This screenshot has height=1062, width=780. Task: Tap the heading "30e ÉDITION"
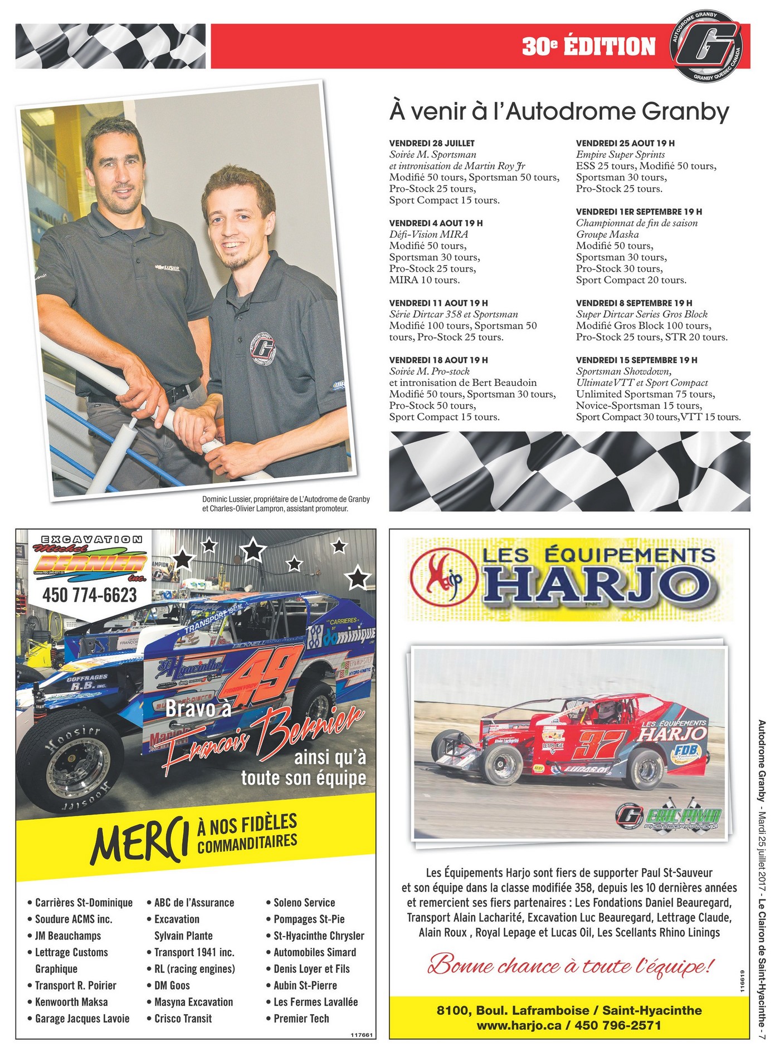(x=588, y=47)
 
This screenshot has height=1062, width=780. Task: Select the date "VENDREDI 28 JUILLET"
(x=432, y=143)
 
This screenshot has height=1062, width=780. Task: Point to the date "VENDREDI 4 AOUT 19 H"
(x=436, y=223)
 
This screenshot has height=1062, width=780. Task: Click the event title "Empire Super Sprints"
(x=620, y=154)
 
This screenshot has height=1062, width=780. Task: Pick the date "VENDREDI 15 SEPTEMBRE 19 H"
(x=636, y=360)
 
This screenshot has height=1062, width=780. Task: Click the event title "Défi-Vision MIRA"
(x=428, y=234)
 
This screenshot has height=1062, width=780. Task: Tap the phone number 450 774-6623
(x=90, y=595)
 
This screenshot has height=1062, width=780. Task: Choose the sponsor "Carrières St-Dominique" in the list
(x=84, y=903)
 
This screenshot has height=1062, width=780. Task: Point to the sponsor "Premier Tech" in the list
(x=301, y=1019)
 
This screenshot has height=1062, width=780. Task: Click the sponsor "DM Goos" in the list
(x=172, y=985)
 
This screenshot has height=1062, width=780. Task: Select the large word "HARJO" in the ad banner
(x=602, y=586)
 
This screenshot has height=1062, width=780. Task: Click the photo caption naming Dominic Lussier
(x=286, y=503)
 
